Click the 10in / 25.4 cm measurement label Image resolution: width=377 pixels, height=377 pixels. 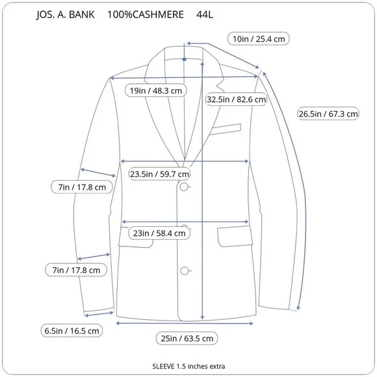259,39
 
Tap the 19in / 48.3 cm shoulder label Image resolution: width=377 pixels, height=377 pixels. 156,90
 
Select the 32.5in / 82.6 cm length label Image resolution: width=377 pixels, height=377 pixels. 237,99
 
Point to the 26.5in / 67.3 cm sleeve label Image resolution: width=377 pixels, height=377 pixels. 328,114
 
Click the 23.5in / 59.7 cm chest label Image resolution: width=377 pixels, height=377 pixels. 159,174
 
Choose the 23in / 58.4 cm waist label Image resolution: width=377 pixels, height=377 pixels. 159,233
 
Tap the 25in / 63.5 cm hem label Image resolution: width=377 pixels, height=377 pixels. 187,338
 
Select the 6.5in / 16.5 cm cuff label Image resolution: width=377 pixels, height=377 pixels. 71,331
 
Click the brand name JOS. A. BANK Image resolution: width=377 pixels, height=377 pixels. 66,15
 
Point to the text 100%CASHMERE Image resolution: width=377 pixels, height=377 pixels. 146,15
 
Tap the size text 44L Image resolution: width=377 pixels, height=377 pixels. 205,15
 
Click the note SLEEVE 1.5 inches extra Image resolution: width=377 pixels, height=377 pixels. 188,366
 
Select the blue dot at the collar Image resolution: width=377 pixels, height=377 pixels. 185,59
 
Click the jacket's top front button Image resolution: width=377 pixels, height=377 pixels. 184,187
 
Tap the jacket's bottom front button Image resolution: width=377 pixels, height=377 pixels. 185,271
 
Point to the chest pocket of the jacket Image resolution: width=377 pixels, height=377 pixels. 225,129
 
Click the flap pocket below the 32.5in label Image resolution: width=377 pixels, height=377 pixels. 235,237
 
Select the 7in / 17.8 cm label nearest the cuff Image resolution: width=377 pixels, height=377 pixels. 76,270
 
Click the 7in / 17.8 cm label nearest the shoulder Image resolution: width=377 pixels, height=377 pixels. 82,187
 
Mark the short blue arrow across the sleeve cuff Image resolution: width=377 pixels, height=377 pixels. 99,314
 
